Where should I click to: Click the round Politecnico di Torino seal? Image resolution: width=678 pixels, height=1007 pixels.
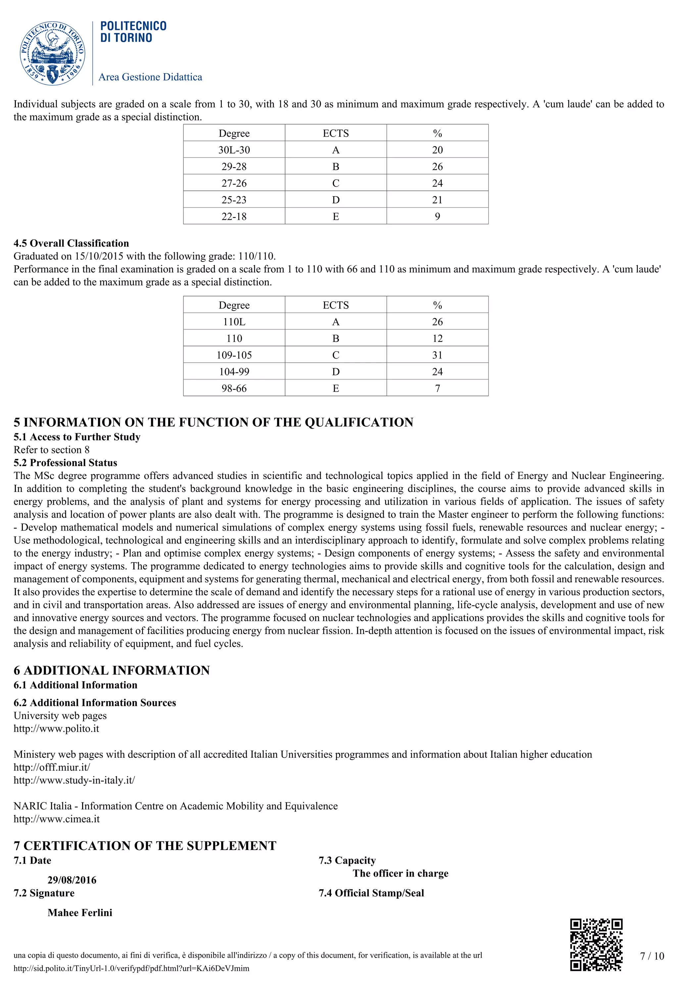52,54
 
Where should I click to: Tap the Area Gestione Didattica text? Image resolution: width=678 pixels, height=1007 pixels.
150,77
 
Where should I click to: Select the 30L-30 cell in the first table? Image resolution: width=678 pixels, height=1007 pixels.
234,150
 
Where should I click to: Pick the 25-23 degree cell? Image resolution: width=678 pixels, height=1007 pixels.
234,200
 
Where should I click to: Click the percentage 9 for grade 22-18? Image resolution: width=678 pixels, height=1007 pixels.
437,216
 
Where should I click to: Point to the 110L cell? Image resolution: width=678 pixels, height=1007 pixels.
234,322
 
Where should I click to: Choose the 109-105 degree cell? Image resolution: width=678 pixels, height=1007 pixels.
234,355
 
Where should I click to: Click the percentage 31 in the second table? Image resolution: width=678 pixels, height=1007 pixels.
437,355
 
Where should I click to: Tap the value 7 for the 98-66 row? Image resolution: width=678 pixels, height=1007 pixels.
437,388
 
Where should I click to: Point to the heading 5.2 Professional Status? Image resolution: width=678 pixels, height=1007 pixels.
65,463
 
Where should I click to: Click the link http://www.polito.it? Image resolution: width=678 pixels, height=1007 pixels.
56,729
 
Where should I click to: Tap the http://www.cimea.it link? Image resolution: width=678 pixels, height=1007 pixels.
57,819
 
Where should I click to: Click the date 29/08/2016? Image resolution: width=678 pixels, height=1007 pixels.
72,880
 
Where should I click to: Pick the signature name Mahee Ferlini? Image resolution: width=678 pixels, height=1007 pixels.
80,913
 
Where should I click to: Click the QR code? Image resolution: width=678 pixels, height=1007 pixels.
596,945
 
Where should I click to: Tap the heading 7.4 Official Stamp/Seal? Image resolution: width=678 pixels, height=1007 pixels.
371,893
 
